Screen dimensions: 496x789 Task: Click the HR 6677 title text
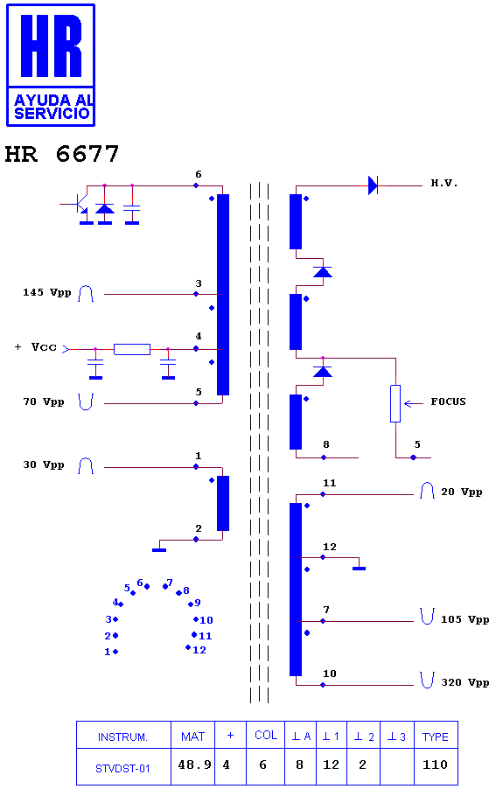62,154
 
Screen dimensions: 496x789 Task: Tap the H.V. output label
444,183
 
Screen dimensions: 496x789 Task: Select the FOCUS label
448,401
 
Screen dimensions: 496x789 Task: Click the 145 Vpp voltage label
46,292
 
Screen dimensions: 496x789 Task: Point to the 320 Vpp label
465,682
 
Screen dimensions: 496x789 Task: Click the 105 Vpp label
465,619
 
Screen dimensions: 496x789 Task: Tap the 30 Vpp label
43,465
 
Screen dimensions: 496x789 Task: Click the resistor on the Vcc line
132,349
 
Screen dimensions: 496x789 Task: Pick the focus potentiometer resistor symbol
395,403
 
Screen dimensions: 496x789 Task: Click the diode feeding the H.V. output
373,185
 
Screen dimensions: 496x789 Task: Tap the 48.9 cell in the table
194,765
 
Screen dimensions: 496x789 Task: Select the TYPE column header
435,737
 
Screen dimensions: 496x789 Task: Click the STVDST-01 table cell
122,768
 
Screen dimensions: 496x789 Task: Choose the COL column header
266,735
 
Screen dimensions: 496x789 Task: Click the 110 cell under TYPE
435,765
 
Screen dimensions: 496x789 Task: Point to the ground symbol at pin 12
359,568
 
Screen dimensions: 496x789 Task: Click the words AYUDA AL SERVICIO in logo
52,106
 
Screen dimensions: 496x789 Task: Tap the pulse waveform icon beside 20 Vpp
427,491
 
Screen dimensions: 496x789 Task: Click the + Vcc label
36,347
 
